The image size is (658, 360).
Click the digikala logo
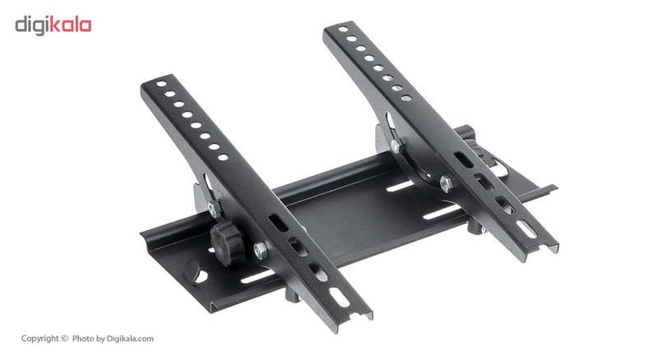point(53,25)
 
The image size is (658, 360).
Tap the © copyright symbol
point(64,339)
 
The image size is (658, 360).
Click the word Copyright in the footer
point(39,339)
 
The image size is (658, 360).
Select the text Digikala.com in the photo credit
point(130,339)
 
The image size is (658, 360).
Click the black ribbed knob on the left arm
point(227,243)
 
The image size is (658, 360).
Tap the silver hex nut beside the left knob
point(260,250)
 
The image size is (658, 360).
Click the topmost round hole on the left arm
point(161,84)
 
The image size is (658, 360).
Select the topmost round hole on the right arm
point(343,29)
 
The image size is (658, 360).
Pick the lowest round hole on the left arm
point(223,157)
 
